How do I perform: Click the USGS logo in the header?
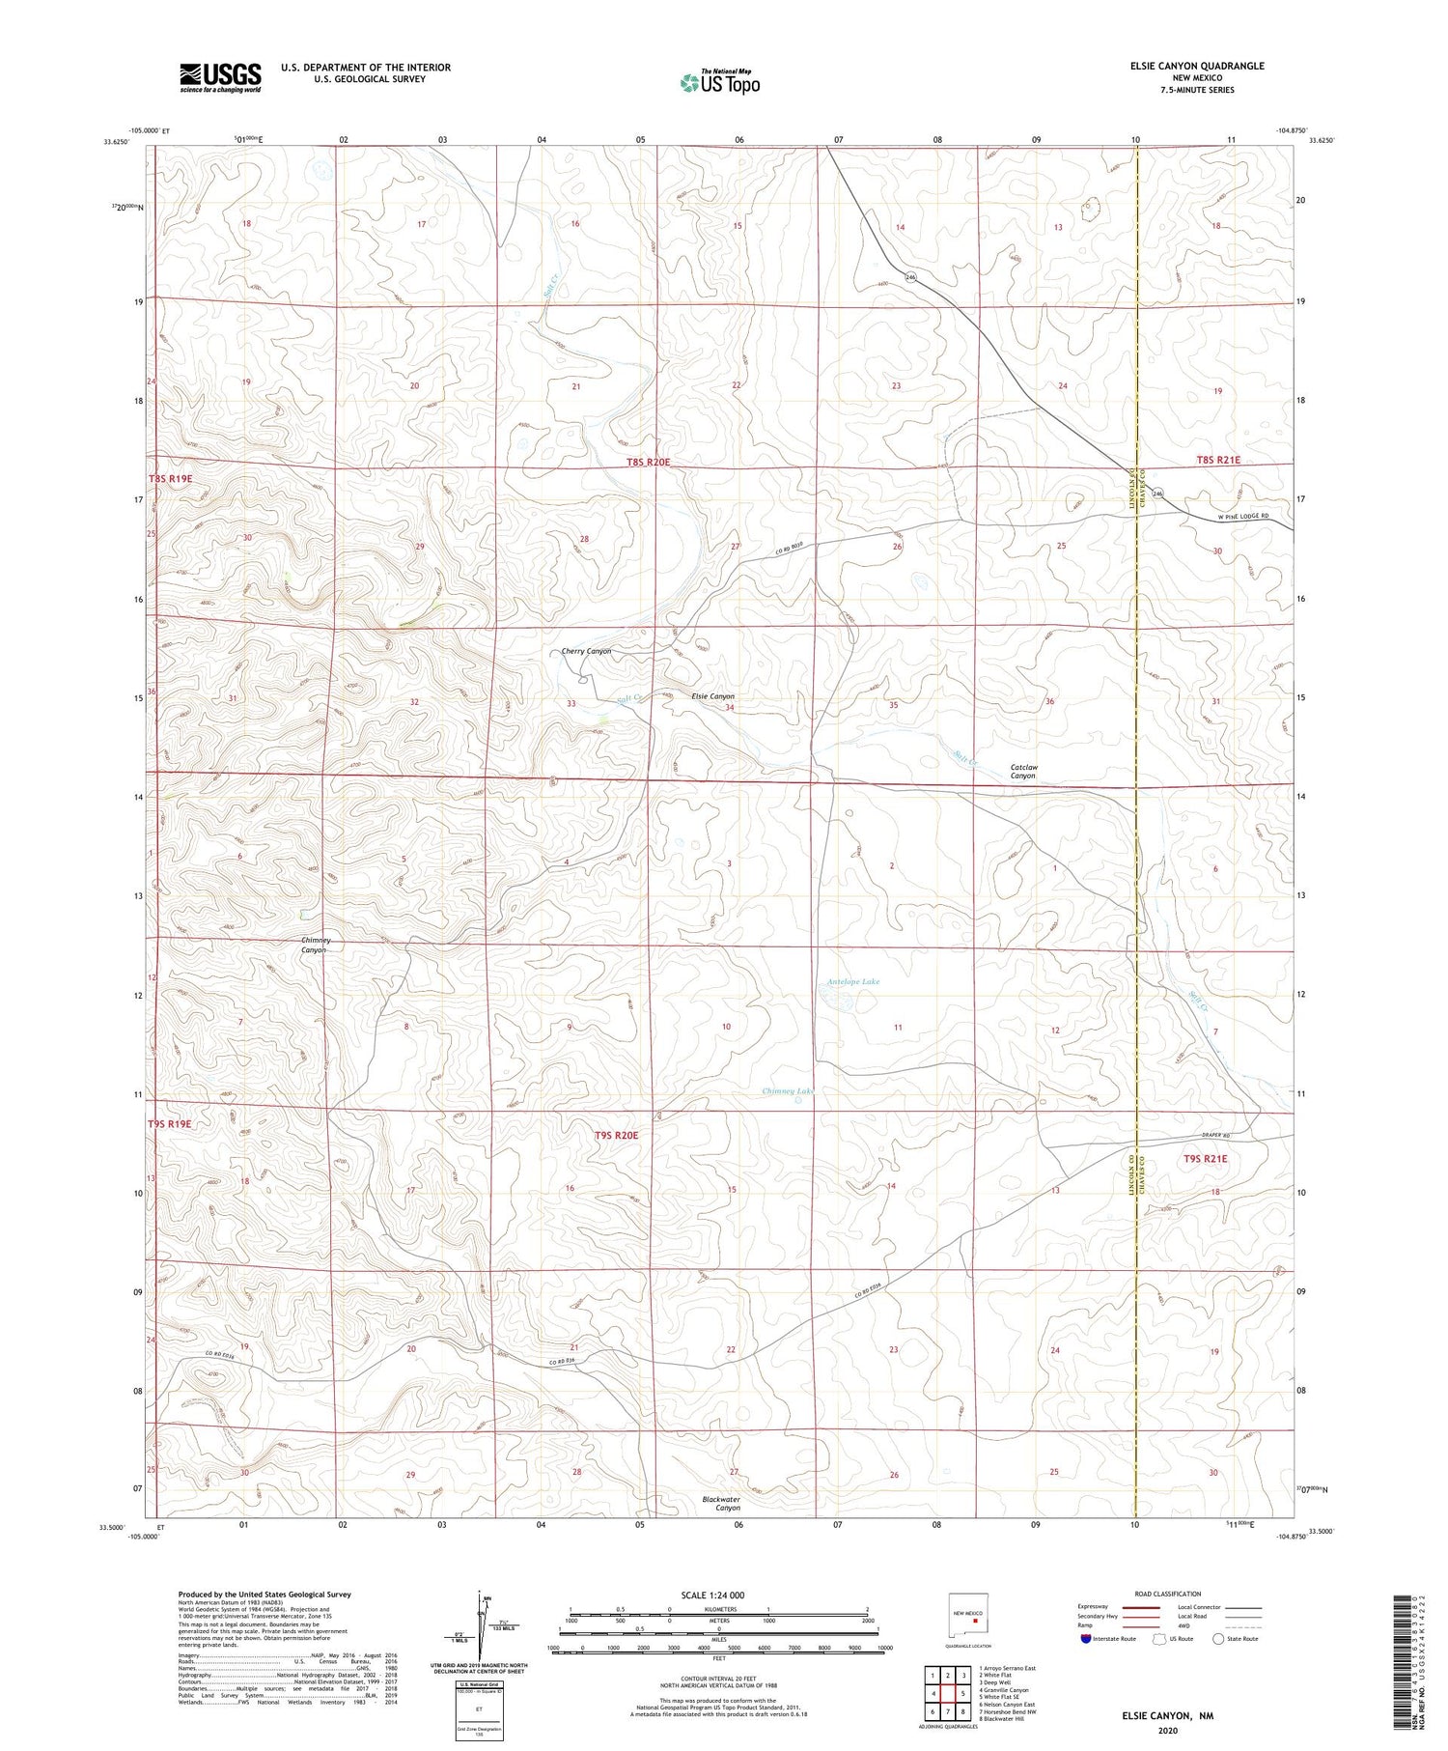click(220, 77)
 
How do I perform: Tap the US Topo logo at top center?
click(720, 82)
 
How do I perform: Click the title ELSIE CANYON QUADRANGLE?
click(1197, 66)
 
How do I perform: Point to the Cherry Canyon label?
click(586, 652)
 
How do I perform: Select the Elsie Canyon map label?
click(713, 696)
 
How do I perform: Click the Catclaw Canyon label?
click(1023, 772)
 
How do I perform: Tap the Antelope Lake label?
click(853, 982)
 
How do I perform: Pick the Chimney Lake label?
click(788, 1091)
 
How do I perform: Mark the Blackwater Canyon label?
click(721, 1503)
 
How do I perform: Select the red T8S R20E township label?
click(648, 463)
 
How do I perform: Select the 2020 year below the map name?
click(1167, 1731)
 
